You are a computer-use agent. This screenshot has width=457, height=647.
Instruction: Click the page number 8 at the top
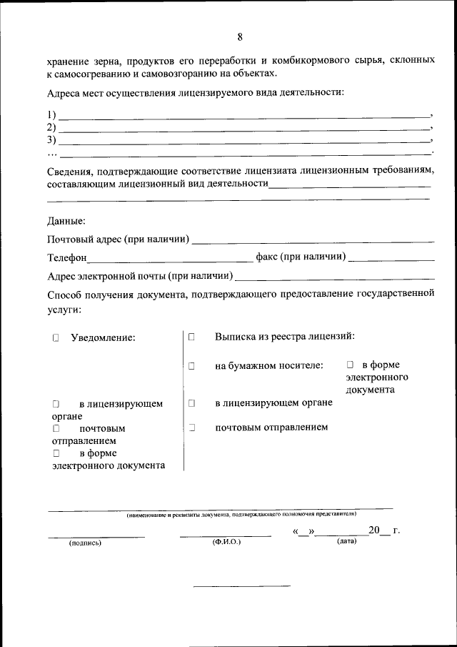pyautogui.click(x=240, y=37)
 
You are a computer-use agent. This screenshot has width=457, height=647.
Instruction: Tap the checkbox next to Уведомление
pyautogui.click(x=55, y=337)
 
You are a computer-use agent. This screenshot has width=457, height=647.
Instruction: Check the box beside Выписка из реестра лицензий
pyautogui.click(x=192, y=336)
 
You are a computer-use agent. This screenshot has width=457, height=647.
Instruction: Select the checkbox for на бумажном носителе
pyautogui.click(x=192, y=366)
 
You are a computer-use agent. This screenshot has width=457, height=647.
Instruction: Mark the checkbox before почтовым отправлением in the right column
pyautogui.click(x=192, y=428)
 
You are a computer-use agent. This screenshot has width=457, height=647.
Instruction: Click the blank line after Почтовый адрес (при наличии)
pyautogui.click(x=313, y=240)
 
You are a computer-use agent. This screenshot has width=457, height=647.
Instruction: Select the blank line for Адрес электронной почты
pyautogui.click(x=334, y=277)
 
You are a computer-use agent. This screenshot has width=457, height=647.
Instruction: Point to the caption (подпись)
pyautogui.click(x=85, y=543)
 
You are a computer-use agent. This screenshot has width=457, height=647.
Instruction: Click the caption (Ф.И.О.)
pyautogui.click(x=226, y=543)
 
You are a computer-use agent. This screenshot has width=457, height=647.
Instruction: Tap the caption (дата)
pyautogui.click(x=347, y=542)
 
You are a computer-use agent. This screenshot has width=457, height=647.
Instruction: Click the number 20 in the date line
pyautogui.click(x=375, y=530)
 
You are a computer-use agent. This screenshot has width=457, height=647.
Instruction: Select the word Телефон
pyautogui.click(x=67, y=258)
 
